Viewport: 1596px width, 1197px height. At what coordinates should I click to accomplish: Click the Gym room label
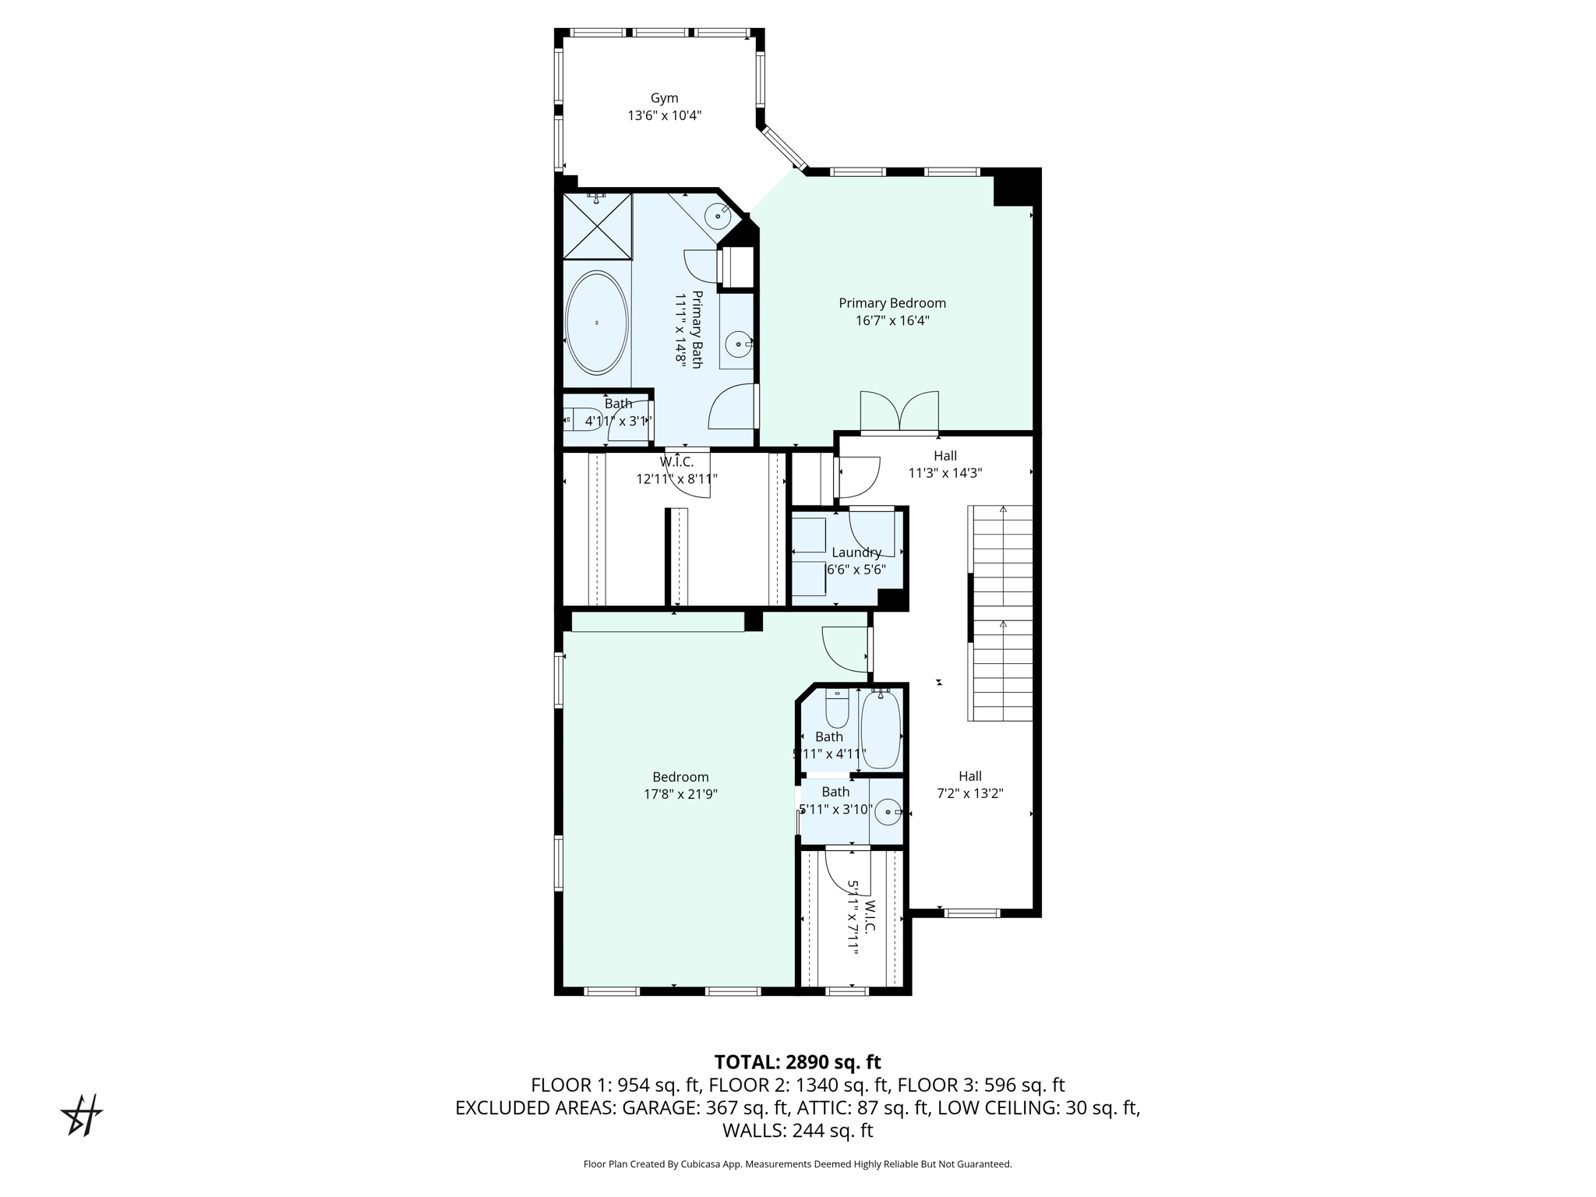tap(664, 98)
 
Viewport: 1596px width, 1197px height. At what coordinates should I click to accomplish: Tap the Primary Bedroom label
tap(892, 303)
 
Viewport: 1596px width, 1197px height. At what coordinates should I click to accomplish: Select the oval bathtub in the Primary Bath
tap(597, 323)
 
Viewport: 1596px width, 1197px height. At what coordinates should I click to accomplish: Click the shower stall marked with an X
tap(597, 226)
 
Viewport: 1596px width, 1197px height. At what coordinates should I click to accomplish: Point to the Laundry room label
tap(856, 553)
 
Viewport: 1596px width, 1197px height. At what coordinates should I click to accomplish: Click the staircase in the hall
tap(1001, 613)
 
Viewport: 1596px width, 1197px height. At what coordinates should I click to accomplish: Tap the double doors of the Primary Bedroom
tap(899, 411)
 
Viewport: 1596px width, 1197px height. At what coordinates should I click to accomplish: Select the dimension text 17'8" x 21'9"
tap(680, 795)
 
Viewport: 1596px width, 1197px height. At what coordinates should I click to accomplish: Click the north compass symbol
tap(82, 1115)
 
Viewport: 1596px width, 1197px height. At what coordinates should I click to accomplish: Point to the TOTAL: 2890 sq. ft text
tap(797, 1062)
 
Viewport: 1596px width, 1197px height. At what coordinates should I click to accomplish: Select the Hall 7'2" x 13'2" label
tap(970, 785)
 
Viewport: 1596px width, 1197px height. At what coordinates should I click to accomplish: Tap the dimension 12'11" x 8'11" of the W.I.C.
tap(676, 479)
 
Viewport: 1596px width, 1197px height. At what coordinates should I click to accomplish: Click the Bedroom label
tap(680, 777)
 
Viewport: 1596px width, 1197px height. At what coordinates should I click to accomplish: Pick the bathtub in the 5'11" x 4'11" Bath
tap(881, 729)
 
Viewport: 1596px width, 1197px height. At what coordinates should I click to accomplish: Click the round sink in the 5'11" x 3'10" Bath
tap(888, 812)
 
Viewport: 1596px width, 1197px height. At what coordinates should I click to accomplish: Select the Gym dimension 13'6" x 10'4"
tap(665, 116)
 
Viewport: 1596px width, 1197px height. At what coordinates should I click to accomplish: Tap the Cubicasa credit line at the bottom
tap(797, 1164)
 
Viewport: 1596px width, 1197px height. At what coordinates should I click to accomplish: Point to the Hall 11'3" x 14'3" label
tap(945, 464)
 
